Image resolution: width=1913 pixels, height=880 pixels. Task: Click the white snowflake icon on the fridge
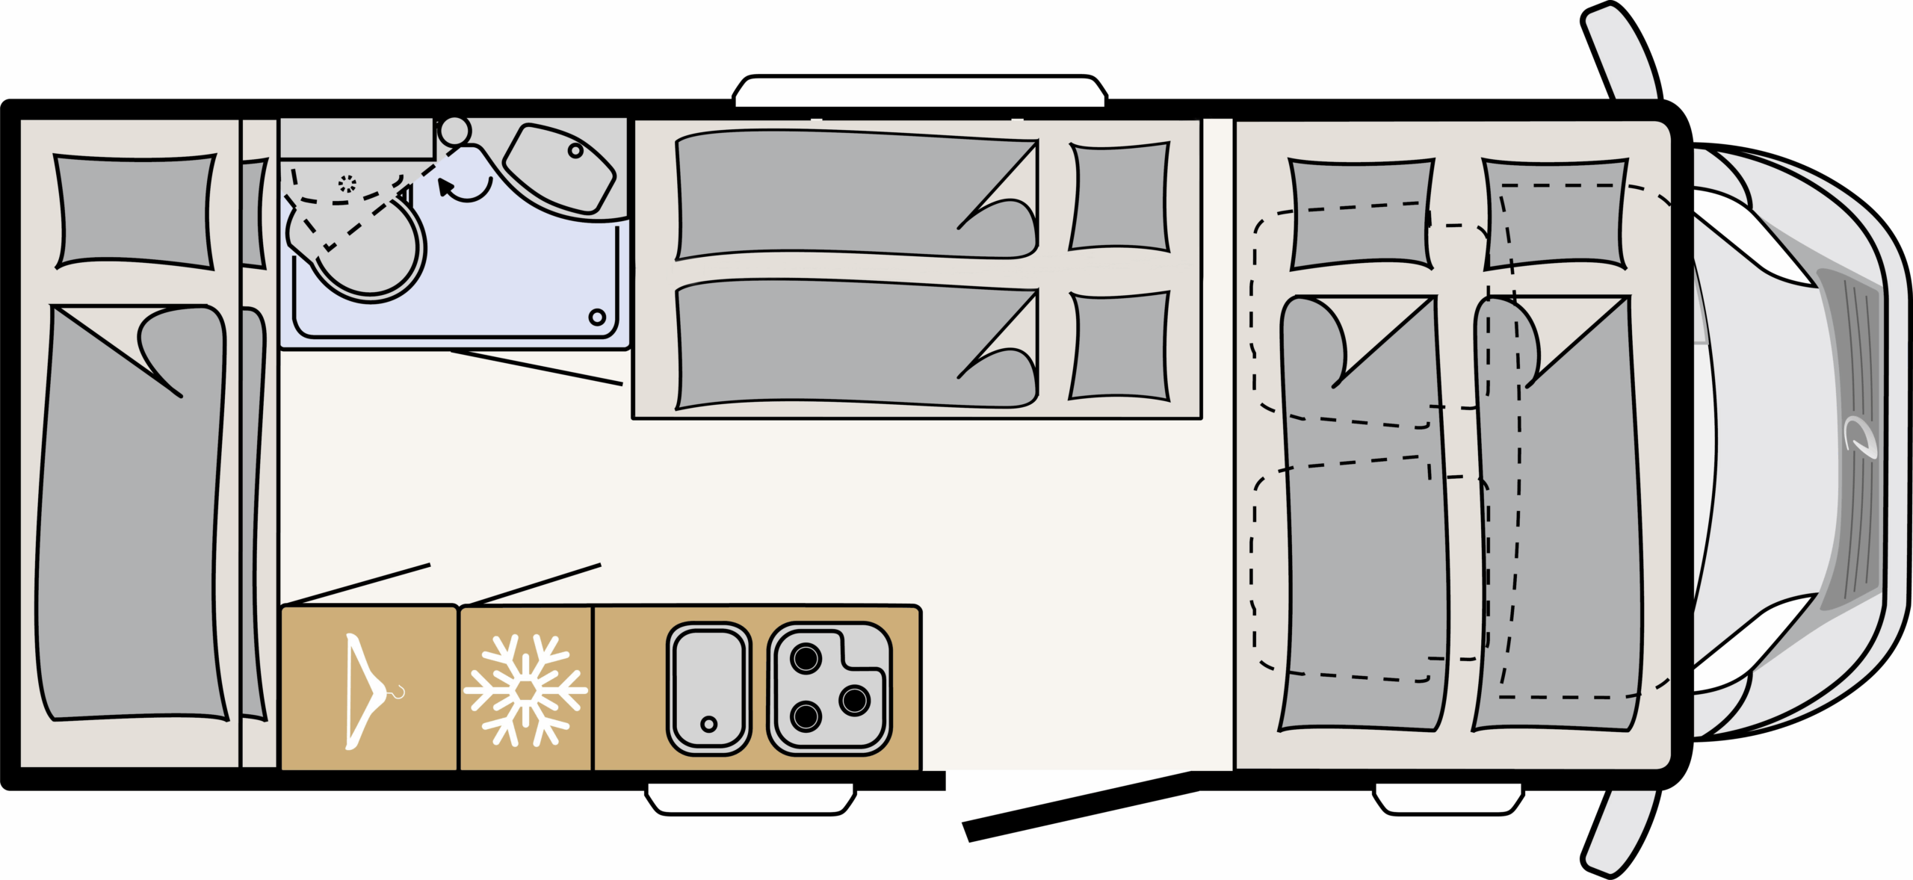coord(525,690)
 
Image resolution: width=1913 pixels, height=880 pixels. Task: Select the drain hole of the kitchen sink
coord(708,724)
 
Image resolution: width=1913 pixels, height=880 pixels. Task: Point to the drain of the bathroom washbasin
coord(575,151)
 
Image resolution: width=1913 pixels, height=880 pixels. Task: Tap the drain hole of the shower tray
coord(597,317)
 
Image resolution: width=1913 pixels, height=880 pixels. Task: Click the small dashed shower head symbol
coord(347,184)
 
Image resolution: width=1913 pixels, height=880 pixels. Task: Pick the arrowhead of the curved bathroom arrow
coord(446,187)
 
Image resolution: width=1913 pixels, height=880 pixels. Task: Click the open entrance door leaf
coord(1080,807)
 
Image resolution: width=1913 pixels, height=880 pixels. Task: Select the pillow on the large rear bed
coord(135,211)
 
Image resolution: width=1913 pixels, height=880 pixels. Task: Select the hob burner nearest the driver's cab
coord(854,701)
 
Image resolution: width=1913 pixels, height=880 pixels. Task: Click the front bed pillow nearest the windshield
coord(1555,214)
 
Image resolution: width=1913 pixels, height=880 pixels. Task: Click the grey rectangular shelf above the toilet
coord(356,138)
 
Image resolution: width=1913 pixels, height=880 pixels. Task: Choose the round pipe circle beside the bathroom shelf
coord(454,131)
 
